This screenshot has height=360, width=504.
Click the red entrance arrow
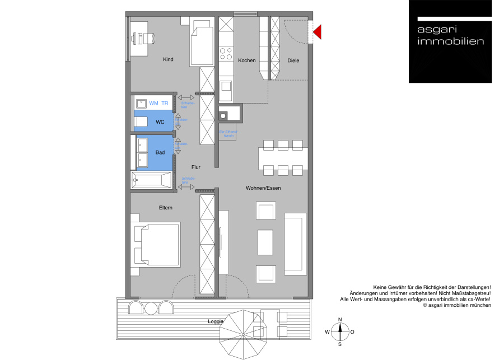click(x=317, y=32)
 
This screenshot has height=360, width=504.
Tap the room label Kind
click(x=168, y=59)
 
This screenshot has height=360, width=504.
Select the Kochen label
click(x=246, y=60)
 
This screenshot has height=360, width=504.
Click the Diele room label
click(x=293, y=60)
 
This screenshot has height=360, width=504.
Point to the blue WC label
click(x=160, y=122)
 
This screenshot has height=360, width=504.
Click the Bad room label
click(x=160, y=152)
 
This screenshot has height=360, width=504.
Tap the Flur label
click(x=195, y=167)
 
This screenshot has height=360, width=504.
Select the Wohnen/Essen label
click(x=263, y=188)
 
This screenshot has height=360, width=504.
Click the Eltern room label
click(x=165, y=208)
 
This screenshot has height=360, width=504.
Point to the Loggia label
click(x=215, y=321)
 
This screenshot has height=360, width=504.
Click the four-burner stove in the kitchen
click(x=226, y=54)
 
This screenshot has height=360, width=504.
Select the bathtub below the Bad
click(x=151, y=180)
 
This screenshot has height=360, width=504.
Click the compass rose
click(x=340, y=331)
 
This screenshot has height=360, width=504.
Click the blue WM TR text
click(x=158, y=103)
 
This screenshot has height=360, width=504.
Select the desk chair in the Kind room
click(x=150, y=38)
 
